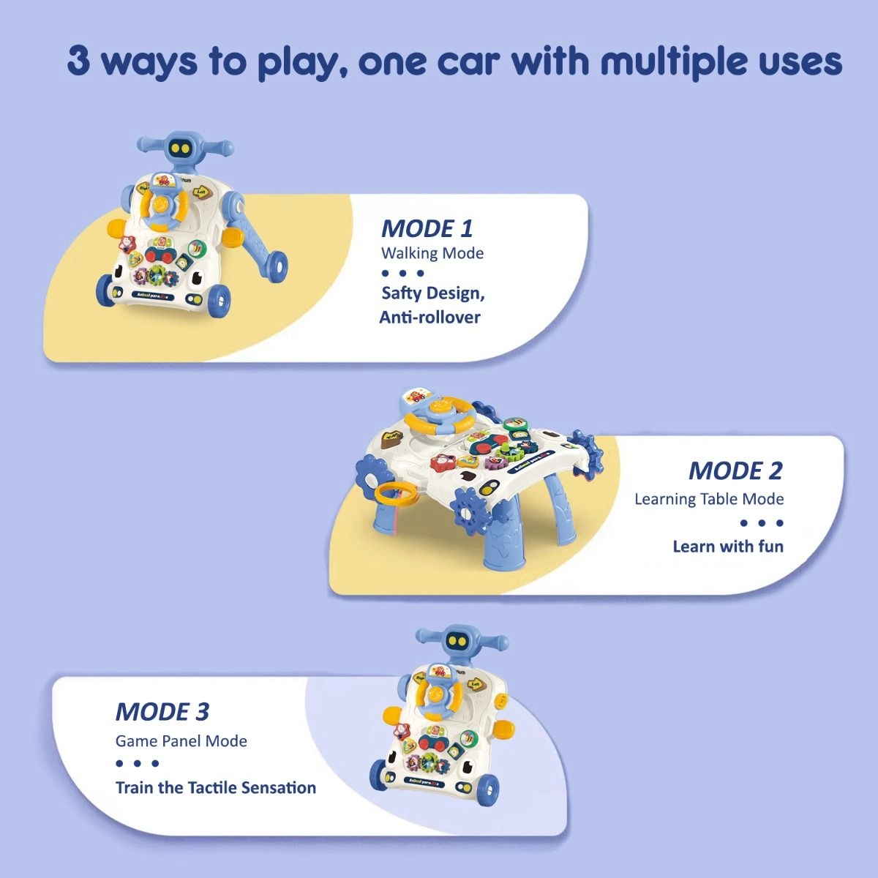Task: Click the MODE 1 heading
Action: [x=427, y=228]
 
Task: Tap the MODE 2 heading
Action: [x=735, y=470]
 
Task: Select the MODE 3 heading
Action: [x=162, y=711]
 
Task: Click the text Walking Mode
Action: [x=432, y=253]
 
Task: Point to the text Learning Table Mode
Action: [x=708, y=499]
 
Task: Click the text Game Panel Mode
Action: [x=181, y=740]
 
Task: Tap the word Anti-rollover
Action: [x=429, y=317]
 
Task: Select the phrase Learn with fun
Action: [x=727, y=547]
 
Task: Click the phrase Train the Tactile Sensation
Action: [x=215, y=788]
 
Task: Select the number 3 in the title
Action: [x=78, y=61]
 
